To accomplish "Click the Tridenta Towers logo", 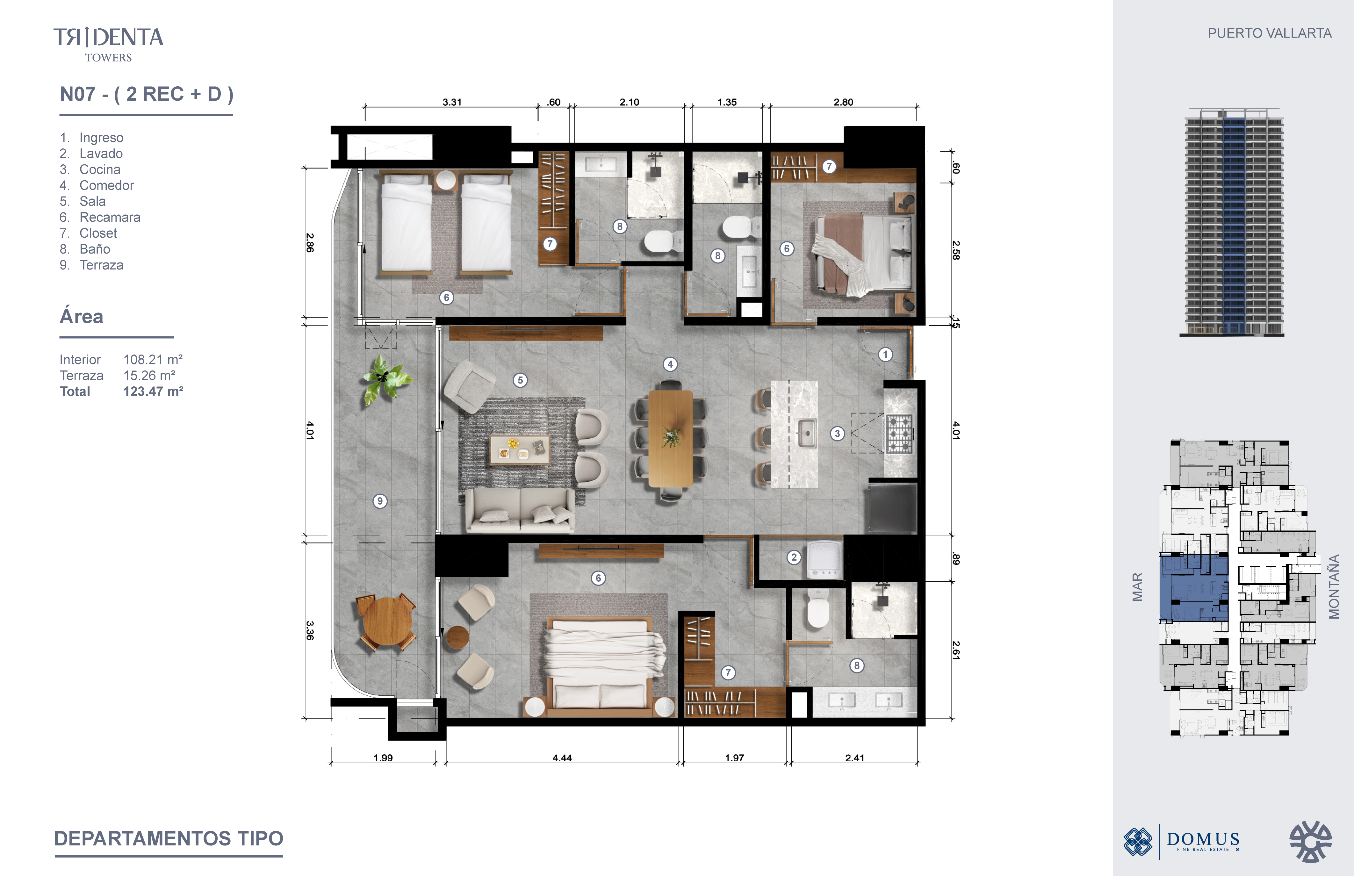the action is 108,44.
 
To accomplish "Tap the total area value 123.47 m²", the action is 153,391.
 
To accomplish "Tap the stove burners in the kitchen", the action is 899,434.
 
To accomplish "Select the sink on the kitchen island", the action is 807,434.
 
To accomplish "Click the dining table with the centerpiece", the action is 671,438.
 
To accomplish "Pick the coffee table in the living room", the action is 519,449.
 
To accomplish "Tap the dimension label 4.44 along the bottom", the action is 562,758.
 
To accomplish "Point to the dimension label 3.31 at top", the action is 452,102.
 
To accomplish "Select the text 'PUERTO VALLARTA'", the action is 1269,33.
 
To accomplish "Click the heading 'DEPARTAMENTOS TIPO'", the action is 169,838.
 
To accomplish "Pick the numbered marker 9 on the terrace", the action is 380,501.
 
